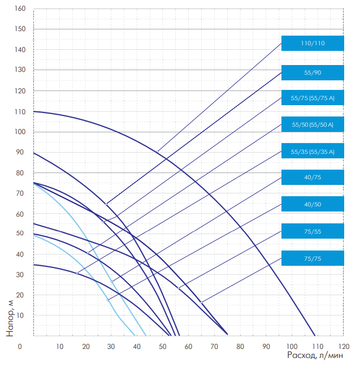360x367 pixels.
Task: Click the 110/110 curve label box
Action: tap(313, 43)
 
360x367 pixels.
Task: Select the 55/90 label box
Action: tap(313, 73)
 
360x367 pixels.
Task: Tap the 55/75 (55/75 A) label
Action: tap(313, 98)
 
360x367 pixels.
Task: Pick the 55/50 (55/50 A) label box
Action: tap(313, 124)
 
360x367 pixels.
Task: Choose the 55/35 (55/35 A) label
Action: tap(313, 152)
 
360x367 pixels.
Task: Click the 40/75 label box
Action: tap(313, 178)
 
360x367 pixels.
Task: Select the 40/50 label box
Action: tap(313, 204)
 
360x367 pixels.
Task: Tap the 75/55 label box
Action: tap(313, 231)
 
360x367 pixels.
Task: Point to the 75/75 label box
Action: tap(313, 258)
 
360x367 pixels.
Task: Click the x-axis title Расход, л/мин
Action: tap(314, 355)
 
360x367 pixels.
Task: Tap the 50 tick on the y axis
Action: tap(20, 233)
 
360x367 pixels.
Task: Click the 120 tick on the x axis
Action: tap(343, 346)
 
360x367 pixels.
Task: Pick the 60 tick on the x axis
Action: tap(188, 346)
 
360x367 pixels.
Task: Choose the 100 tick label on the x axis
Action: tap(292, 346)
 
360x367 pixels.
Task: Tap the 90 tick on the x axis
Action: tap(266, 346)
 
